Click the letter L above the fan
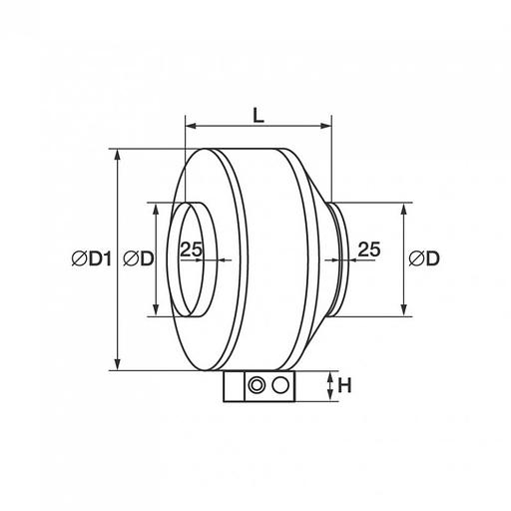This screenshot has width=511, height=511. pyautogui.click(x=258, y=116)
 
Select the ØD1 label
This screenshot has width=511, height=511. pyautogui.click(x=92, y=258)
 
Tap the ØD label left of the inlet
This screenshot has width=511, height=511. pyautogui.click(x=139, y=258)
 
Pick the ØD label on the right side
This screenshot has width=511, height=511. pyautogui.click(x=424, y=258)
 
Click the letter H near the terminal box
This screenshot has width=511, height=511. pyautogui.click(x=344, y=386)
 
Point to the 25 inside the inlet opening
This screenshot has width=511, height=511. pyautogui.click(x=192, y=249)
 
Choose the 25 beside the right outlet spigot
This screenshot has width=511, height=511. pyautogui.click(x=369, y=250)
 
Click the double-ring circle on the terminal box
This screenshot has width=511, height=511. pyautogui.click(x=256, y=385)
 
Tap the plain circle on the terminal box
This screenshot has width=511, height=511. pyautogui.click(x=280, y=385)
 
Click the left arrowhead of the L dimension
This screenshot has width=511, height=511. pyautogui.click(x=190, y=126)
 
